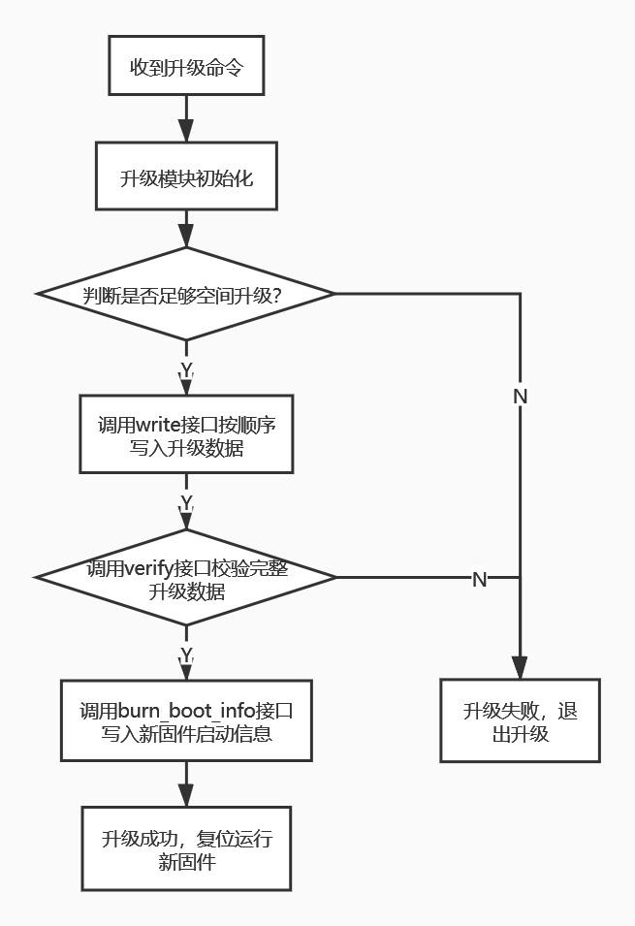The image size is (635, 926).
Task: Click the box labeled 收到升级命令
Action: (x=185, y=67)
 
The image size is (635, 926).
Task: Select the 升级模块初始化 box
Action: (x=185, y=176)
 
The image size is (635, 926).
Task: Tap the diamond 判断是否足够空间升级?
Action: (x=185, y=294)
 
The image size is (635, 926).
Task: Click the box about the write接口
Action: (x=185, y=435)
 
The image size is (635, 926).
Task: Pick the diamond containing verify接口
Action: (x=185, y=578)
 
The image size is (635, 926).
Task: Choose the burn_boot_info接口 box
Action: (x=185, y=721)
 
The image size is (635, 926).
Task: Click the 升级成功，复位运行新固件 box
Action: (x=185, y=849)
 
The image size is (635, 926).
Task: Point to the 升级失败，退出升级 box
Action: (x=520, y=721)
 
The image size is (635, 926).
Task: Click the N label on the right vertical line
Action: (x=520, y=396)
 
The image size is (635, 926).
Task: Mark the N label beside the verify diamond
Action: (x=479, y=579)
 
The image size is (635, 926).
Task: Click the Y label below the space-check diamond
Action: (x=186, y=369)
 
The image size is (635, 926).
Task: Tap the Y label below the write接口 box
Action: (x=186, y=502)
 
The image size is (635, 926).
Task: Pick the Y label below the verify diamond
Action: (x=186, y=654)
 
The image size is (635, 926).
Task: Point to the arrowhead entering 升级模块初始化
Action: (x=185, y=131)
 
